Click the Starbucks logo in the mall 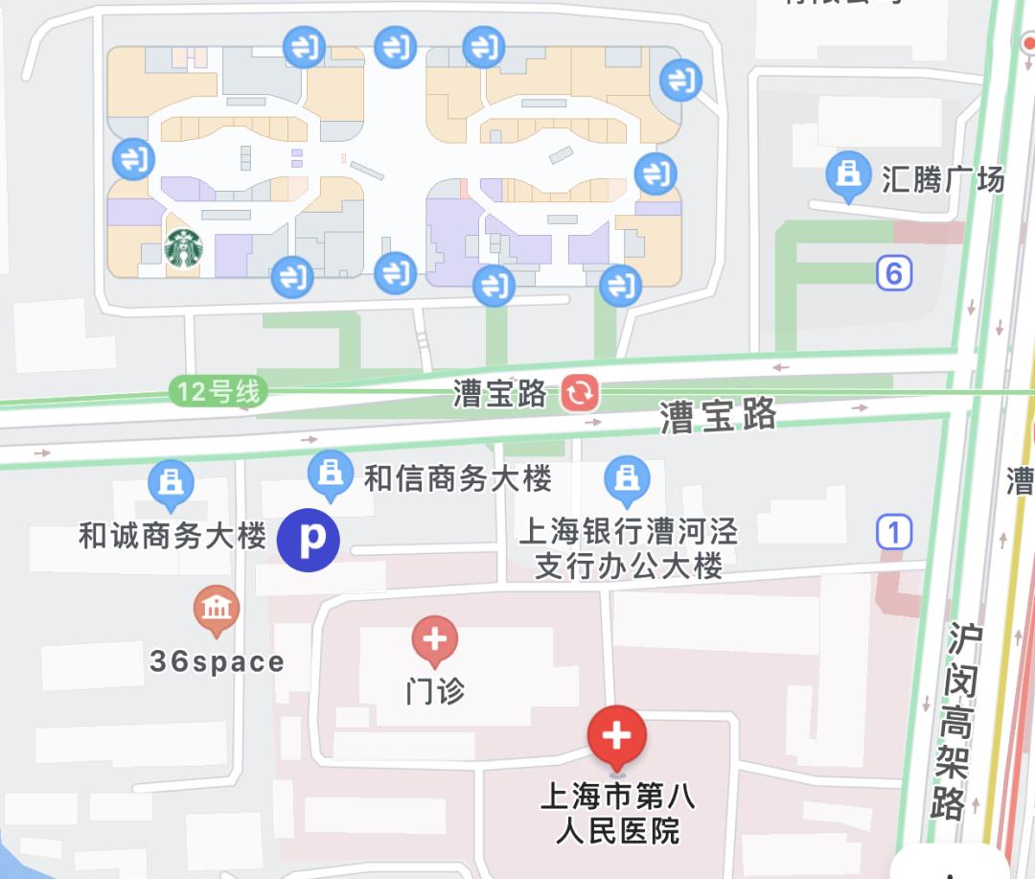[184, 248]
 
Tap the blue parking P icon [309, 541]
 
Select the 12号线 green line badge [218, 391]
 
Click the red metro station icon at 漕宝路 [580, 392]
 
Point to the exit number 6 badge [893, 274]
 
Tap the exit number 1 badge [894, 531]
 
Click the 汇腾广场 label [942, 178]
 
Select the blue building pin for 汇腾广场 [848, 175]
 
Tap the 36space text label [217, 661]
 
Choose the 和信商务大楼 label [458, 478]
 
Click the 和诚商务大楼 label [172, 536]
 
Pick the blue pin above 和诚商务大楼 [172, 483]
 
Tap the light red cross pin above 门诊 [435, 639]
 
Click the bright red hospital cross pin [617, 737]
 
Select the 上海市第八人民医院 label [618, 813]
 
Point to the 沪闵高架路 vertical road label [954, 721]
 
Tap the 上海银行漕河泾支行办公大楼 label [628, 548]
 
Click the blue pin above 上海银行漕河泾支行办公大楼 [628, 478]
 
